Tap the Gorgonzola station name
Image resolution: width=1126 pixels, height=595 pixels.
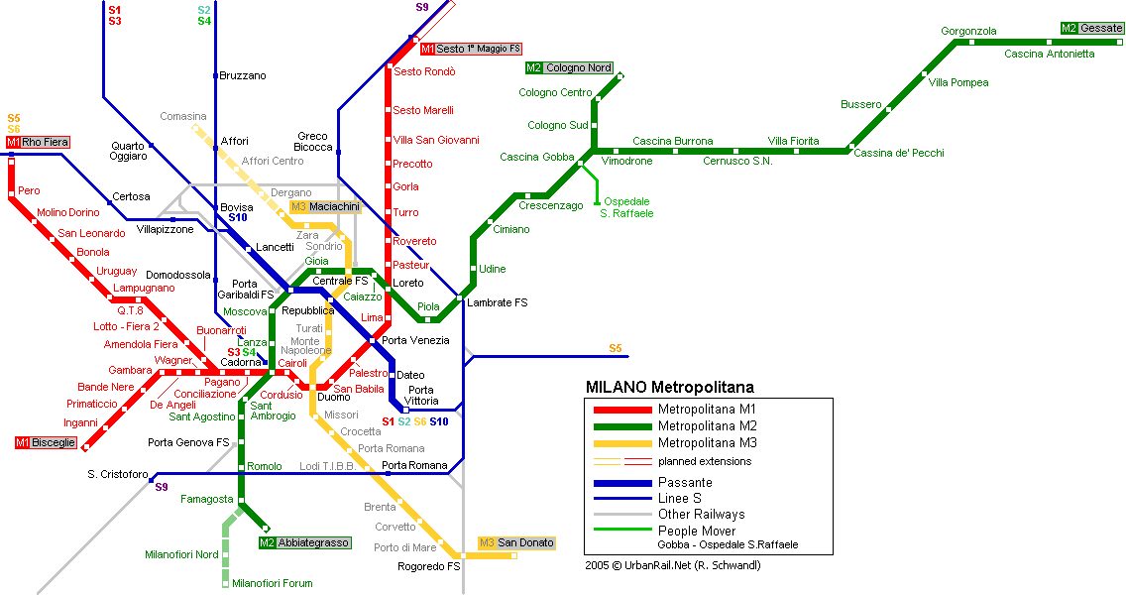(x=968, y=31)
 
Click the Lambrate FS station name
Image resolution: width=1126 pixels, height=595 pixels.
(x=497, y=302)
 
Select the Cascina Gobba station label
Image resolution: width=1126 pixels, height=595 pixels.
(x=537, y=157)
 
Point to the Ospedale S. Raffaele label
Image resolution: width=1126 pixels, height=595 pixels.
(x=626, y=207)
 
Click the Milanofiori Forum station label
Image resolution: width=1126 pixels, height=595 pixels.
(x=273, y=583)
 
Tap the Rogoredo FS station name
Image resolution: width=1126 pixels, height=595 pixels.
(x=429, y=566)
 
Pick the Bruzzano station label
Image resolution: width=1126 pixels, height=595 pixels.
(x=243, y=75)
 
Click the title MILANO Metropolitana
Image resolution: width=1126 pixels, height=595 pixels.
(x=670, y=388)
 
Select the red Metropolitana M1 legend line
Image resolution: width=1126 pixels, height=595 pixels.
(x=622, y=410)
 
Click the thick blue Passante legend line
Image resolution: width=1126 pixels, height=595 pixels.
(x=622, y=483)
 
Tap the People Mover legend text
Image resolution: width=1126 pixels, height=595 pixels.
(x=697, y=532)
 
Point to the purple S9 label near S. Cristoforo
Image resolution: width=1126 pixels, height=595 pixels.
(x=162, y=487)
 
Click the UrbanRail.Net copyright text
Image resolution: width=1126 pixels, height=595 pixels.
(x=673, y=565)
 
